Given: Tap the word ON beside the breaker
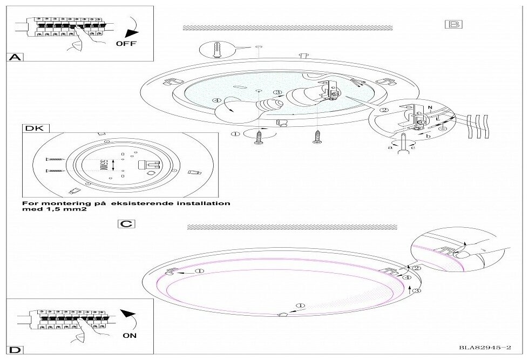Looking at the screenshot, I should click(130, 335).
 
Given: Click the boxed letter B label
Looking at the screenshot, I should click(453, 24).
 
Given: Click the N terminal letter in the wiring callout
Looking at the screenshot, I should click(431, 107).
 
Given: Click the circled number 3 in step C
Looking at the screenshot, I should click(417, 291).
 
